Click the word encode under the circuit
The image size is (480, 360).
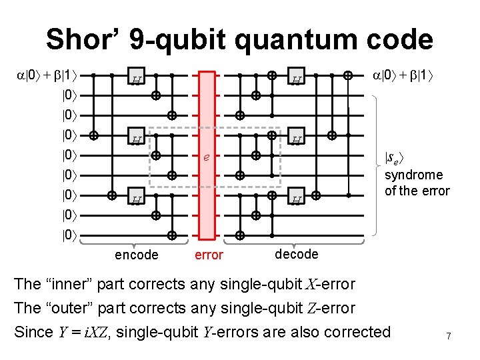pos(137,255)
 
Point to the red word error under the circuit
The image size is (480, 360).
pos(209,255)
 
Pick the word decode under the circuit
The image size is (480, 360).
pos(296,254)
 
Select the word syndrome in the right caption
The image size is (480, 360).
pos(413,175)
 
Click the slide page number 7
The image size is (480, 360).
pos(449,337)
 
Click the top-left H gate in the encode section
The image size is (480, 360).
pos(135,81)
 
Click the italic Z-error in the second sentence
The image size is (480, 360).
pos(333,308)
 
